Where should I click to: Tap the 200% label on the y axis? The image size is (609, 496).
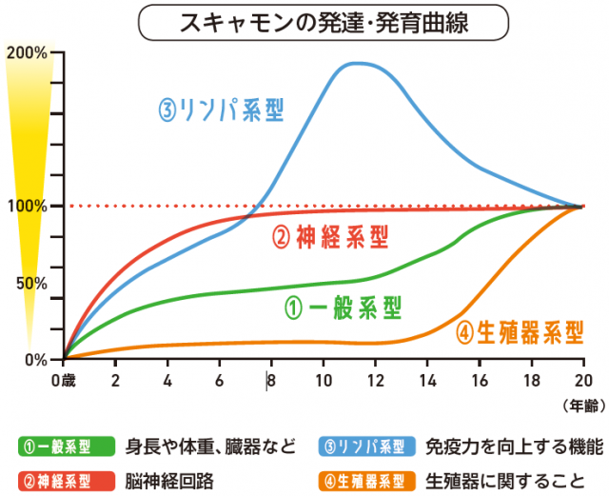point(27,51)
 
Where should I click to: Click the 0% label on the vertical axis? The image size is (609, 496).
point(36,360)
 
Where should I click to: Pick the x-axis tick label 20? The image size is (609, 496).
point(581,379)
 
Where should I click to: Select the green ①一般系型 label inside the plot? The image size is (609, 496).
point(344,308)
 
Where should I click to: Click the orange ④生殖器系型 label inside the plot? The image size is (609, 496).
point(520,331)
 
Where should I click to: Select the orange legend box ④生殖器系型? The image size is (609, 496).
point(364,478)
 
